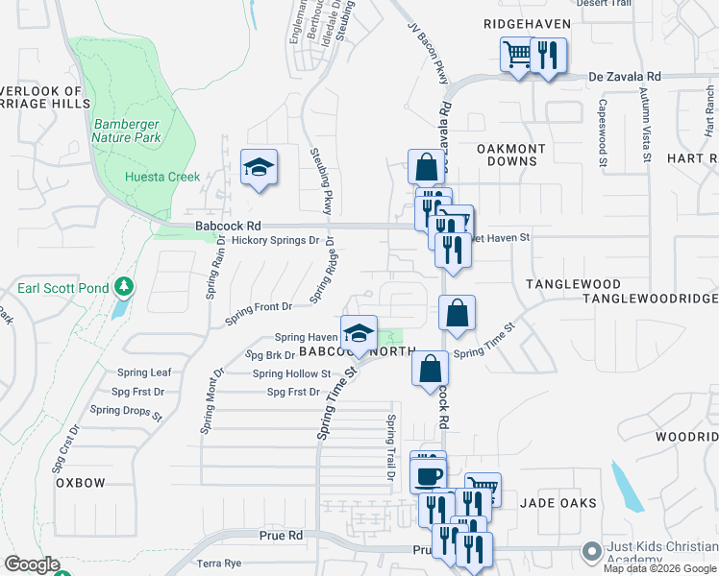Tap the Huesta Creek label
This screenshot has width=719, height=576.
point(162,177)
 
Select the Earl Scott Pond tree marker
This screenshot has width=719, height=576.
point(123,287)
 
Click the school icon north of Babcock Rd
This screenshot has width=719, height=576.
point(259,168)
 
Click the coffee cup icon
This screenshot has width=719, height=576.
point(428,475)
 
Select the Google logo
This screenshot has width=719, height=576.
point(32,564)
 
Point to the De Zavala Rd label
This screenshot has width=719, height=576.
point(625,76)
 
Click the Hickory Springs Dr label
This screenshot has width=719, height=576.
point(275,240)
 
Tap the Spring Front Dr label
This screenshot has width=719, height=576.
point(258,307)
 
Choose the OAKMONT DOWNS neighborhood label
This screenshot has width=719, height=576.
point(511,155)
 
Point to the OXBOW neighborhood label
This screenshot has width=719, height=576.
point(80,483)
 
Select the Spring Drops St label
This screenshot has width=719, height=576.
point(127,410)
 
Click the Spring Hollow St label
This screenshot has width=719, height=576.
point(291,373)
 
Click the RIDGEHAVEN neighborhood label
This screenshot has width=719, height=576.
point(527,24)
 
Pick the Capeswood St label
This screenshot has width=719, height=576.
point(603,133)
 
